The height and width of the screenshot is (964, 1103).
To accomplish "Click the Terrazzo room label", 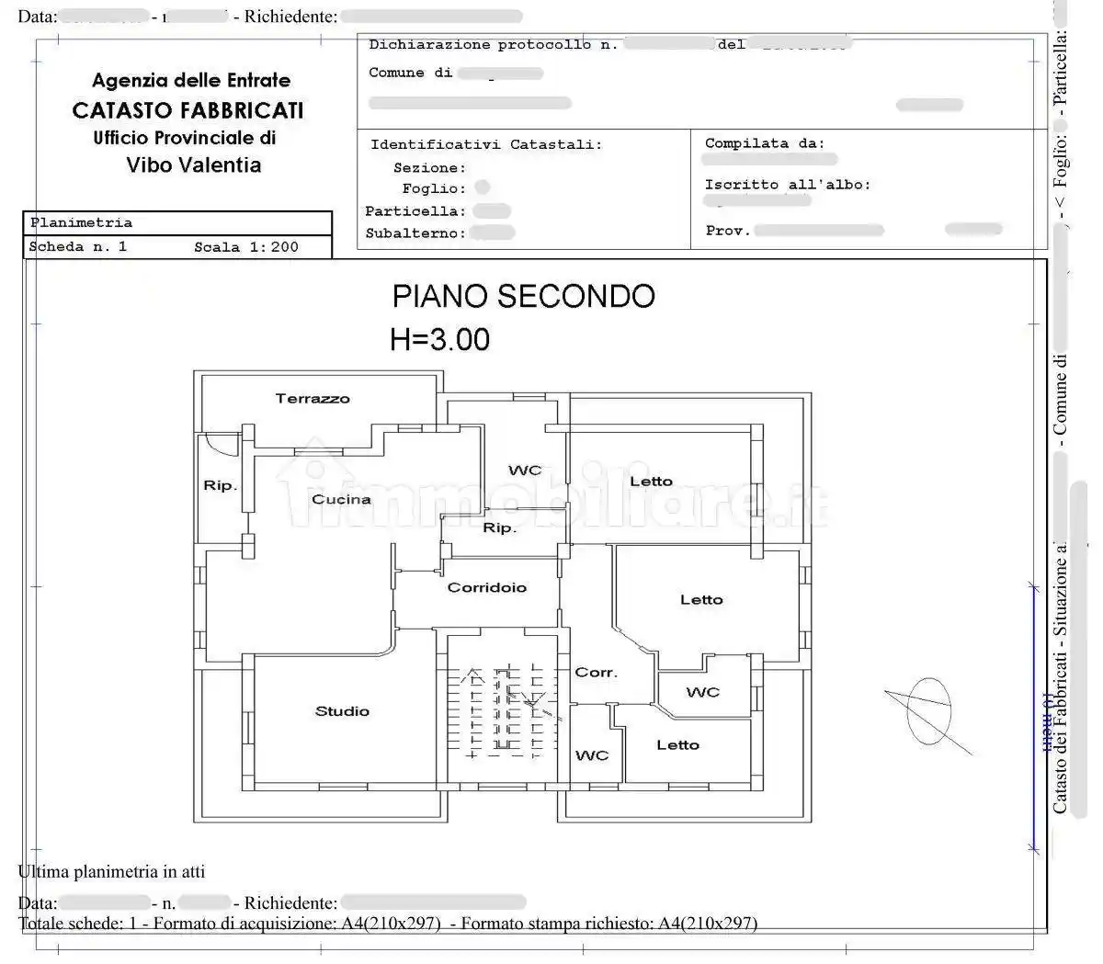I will point(313,399).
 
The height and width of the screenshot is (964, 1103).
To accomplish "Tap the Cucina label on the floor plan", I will point(341,500).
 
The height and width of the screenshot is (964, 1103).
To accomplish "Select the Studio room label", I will point(342,711).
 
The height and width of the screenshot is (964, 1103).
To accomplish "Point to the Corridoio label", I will point(486,588).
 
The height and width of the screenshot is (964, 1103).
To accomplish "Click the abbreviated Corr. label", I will point(596,673).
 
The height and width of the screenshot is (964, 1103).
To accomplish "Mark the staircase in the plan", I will point(501,713).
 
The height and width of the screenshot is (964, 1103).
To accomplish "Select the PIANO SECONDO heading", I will point(523,296).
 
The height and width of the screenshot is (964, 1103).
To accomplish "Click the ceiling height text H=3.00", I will point(439,340).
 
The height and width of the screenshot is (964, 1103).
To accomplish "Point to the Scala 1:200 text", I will point(245,247).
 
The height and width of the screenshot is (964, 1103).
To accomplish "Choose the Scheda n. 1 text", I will point(78,247).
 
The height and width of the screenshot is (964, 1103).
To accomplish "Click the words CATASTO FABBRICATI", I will point(188,110).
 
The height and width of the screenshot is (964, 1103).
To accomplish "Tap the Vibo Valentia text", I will point(194,165).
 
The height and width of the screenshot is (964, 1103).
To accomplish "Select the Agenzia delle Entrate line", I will point(191,81).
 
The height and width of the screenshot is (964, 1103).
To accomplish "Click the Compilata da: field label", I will point(765,143).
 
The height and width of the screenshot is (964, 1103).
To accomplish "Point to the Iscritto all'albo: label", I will point(787,185).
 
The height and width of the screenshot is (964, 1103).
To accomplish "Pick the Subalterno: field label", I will point(415,233).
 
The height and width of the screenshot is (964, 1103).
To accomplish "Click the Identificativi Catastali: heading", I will point(486,144).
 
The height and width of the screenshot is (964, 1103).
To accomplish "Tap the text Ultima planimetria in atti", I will point(111,871).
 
